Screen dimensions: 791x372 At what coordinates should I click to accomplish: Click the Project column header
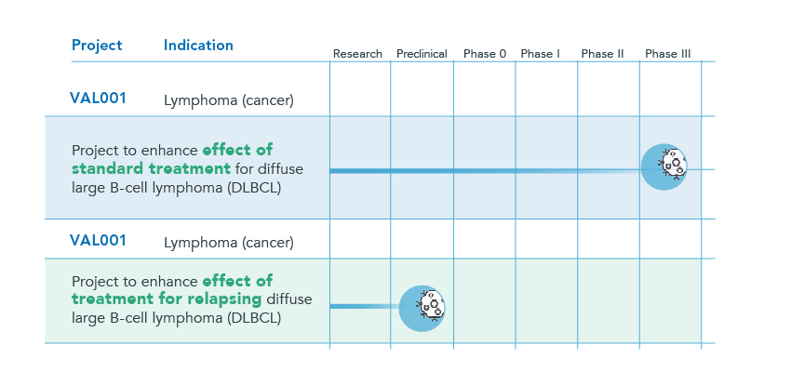click(97, 46)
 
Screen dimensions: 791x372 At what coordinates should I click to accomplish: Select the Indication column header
click(198, 46)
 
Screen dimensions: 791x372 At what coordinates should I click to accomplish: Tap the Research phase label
click(357, 54)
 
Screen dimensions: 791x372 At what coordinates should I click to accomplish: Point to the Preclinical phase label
click(422, 54)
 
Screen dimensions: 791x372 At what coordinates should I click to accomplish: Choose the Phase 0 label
click(485, 54)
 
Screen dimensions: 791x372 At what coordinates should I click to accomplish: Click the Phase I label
click(541, 54)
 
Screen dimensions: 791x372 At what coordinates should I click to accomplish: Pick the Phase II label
click(602, 54)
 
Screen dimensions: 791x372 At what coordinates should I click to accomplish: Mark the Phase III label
click(668, 54)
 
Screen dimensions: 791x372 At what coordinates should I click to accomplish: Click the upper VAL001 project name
click(98, 99)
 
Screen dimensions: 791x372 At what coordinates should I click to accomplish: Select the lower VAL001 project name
click(98, 241)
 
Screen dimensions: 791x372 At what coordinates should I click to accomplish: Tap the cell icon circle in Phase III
click(664, 167)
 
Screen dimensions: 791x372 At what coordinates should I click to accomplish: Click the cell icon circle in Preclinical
click(422, 309)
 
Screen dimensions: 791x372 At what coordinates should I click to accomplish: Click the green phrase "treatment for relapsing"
click(167, 299)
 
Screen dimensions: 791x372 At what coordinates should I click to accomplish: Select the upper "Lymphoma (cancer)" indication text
click(229, 100)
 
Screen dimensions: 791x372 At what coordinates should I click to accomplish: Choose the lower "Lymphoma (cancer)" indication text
click(229, 243)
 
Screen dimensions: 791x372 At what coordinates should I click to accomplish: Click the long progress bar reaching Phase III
click(485, 171)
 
